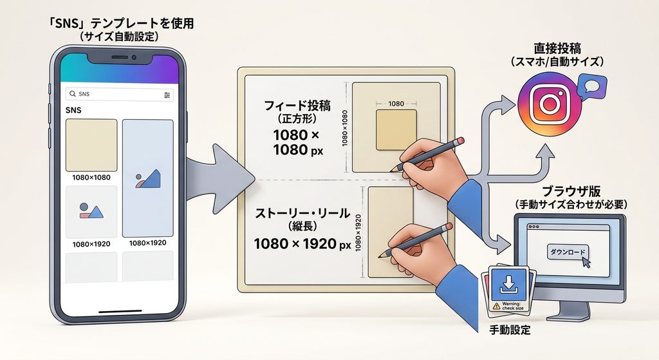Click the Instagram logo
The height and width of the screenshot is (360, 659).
550,104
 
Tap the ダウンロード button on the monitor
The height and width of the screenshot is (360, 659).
568,252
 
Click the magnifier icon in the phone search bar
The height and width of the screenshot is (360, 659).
73,94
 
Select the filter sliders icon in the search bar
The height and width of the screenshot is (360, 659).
167,95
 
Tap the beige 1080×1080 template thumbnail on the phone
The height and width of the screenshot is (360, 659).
91,145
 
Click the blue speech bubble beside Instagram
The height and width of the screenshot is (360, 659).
592,87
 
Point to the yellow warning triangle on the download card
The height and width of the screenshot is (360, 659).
497,306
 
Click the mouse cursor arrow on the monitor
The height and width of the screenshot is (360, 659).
586,262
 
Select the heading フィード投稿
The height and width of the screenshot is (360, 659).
297,105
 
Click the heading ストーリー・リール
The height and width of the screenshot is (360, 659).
302,213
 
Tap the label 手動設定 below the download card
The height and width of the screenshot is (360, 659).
510,330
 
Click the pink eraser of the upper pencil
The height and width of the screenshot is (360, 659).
460,140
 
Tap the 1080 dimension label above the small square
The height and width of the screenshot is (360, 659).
396,104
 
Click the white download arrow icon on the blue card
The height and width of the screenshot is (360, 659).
509,283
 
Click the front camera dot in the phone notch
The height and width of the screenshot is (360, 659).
134,57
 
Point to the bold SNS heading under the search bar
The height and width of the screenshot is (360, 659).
73,110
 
